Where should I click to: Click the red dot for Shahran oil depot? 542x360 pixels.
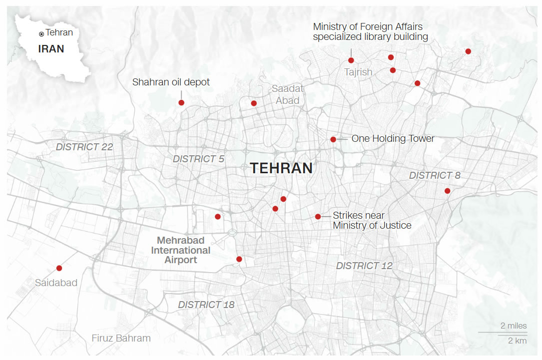point(181,102)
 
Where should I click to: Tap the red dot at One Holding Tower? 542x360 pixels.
point(333,139)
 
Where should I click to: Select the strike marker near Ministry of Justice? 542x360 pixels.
point(318,216)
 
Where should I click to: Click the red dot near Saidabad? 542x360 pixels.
point(59,268)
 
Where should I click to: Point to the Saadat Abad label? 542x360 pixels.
point(288,94)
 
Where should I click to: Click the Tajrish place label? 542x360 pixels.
point(358,72)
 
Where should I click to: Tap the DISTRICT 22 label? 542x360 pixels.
point(84,147)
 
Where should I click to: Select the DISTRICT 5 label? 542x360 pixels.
point(198,159)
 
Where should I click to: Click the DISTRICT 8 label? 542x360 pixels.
point(435,175)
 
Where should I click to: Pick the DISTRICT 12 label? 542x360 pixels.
point(364,266)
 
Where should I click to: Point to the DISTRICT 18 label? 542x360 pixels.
point(206,305)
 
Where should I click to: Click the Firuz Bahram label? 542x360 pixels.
point(121,338)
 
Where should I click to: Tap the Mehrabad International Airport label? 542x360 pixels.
point(181,250)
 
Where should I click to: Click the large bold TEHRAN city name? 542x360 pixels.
point(281,168)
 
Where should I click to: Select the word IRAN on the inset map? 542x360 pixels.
point(51,49)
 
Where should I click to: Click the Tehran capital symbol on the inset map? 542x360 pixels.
point(41,33)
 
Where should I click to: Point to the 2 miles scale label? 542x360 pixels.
point(514,326)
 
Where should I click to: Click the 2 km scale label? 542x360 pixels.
point(517,341)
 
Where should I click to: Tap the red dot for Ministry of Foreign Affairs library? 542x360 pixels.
point(351,60)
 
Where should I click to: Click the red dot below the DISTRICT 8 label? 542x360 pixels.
point(447,191)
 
